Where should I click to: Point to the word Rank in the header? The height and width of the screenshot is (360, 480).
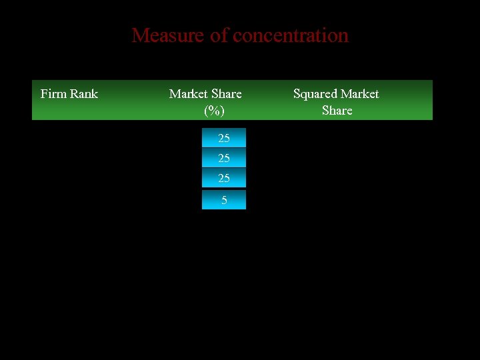(83, 94)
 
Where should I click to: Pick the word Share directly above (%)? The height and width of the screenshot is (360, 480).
(226, 94)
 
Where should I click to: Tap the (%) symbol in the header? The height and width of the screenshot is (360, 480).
(214, 111)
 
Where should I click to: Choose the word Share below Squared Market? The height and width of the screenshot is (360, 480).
(337, 111)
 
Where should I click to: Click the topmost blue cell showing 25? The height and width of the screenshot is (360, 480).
(224, 138)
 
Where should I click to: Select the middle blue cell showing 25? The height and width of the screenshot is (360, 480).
(224, 158)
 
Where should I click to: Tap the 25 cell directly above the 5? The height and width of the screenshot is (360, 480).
(224, 178)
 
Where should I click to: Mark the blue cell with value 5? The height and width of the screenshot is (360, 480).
(224, 200)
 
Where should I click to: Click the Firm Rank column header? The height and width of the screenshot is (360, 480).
(69, 94)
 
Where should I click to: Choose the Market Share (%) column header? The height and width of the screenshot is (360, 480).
(205, 102)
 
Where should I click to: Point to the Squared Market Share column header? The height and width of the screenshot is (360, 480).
(336, 102)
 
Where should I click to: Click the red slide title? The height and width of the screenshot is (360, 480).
(240, 35)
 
